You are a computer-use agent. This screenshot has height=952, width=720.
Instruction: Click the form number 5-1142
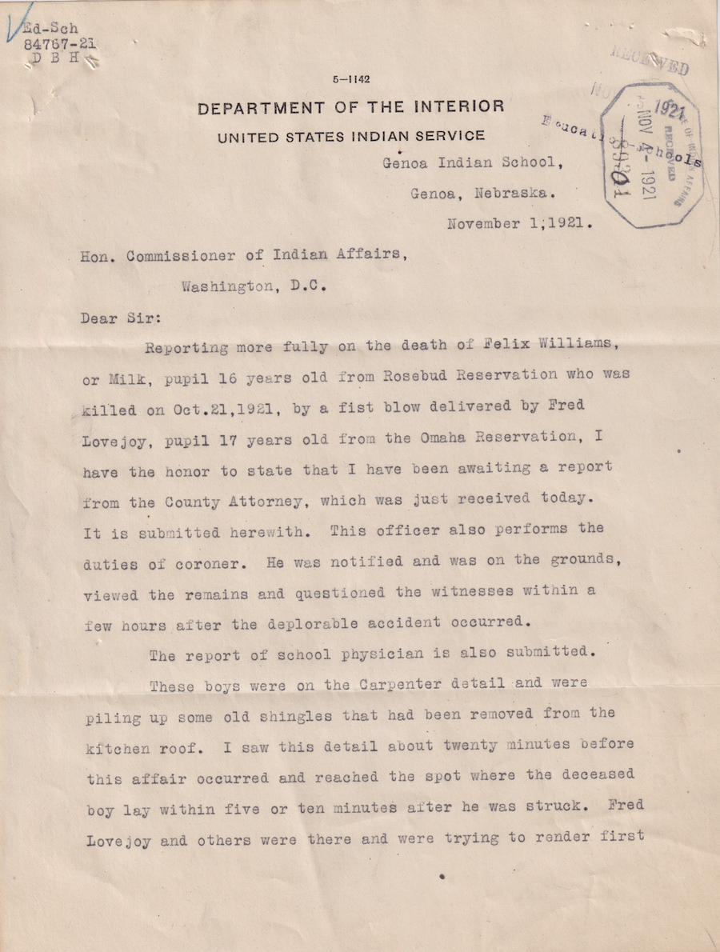tap(352, 78)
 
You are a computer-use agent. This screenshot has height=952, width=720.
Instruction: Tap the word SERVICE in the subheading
tap(449, 136)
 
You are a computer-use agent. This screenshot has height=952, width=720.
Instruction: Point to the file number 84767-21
tap(60, 44)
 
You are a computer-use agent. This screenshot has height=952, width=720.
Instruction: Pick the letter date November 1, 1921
tap(519, 224)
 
